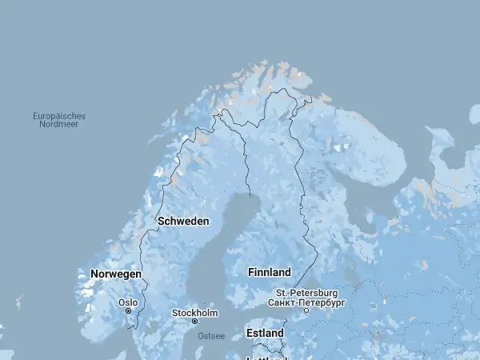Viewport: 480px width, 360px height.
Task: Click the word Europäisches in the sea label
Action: pyautogui.click(x=59, y=116)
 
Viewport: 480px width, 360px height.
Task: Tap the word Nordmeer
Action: pyautogui.click(x=59, y=125)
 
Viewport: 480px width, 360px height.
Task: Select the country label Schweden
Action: pyautogui.click(x=183, y=221)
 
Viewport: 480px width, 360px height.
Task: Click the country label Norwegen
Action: pyautogui.click(x=116, y=274)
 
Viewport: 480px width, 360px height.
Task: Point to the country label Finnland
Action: pyautogui.click(x=270, y=272)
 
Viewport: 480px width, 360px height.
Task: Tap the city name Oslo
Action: pyautogui.click(x=128, y=302)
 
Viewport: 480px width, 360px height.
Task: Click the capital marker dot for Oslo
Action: pyautogui.click(x=128, y=311)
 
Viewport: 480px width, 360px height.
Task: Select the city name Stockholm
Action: pyautogui.click(x=195, y=312)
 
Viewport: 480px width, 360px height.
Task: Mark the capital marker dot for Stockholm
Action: pyautogui.click(x=194, y=321)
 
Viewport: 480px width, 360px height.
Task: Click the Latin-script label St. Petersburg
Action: pyautogui.click(x=307, y=294)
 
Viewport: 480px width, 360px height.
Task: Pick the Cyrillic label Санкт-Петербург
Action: pyautogui.click(x=306, y=303)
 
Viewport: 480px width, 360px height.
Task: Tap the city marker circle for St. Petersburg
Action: pyautogui.click(x=306, y=311)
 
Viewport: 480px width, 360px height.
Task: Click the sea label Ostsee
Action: pyautogui.click(x=211, y=335)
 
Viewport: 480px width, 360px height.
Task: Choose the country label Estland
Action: pyautogui.click(x=265, y=332)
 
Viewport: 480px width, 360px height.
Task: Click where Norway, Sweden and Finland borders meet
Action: pyautogui.click(x=222, y=112)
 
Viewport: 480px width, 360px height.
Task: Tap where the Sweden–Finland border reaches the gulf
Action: pyautogui.click(x=250, y=196)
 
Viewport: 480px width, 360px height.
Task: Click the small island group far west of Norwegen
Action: pyautogui.click(x=18, y=302)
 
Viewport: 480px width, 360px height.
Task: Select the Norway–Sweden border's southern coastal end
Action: pyautogui.click(x=136, y=327)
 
